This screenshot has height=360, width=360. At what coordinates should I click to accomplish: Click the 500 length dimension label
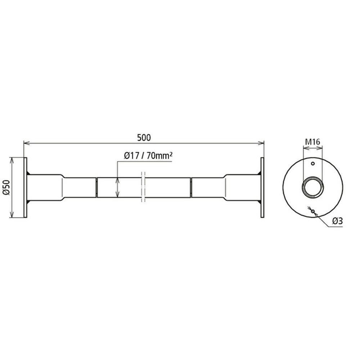(144, 138)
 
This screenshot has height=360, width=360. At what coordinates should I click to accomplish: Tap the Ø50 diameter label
(6, 187)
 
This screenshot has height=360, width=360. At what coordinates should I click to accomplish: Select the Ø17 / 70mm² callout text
(148, 156)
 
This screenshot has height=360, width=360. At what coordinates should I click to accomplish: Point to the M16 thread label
(312, 142)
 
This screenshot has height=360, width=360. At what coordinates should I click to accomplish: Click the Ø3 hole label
(338, 221)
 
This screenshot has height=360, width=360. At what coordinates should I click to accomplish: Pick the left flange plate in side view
(25, 187)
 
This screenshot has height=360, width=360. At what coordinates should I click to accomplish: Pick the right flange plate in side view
(262, 187)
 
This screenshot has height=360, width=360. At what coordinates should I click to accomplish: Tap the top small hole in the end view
(312, 163)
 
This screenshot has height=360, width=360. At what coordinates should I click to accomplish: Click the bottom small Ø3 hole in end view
(312, 211)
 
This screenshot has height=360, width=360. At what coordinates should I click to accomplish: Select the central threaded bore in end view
(312, 187)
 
